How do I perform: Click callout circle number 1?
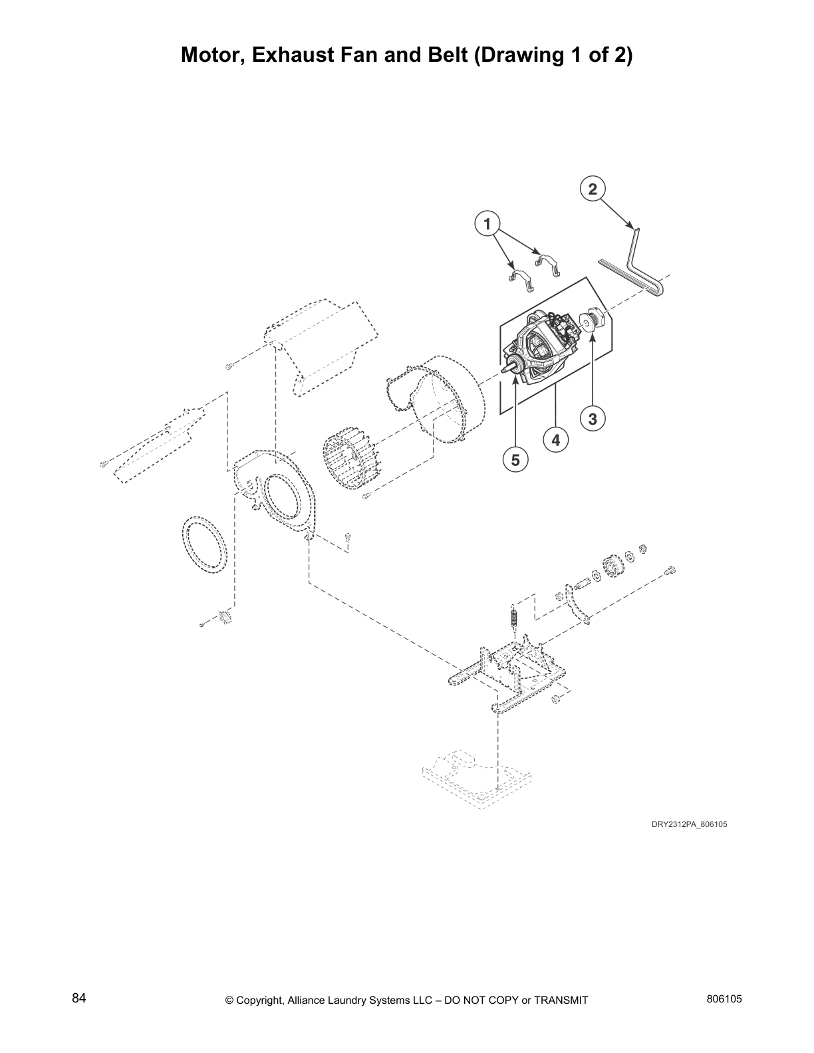[487, 224]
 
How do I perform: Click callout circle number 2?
[593, 189]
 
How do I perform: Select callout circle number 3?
[593, 419]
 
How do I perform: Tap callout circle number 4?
[555, 439]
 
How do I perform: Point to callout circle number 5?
[515, 459]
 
